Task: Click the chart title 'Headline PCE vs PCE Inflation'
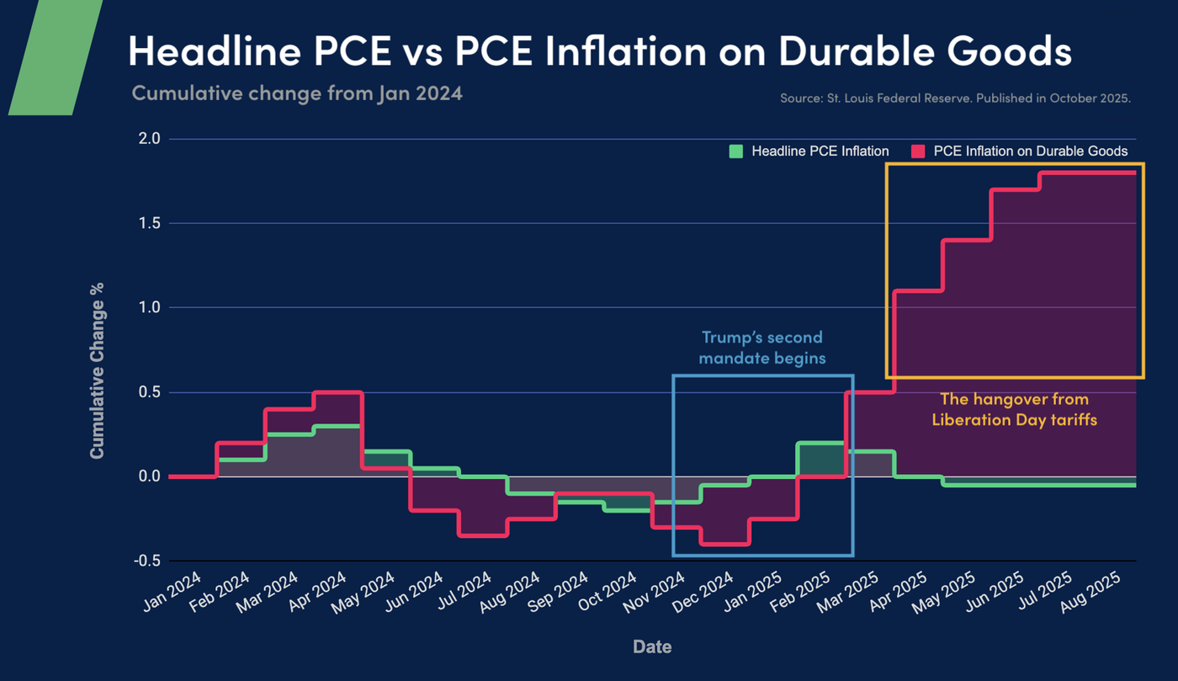(x=599, y=51)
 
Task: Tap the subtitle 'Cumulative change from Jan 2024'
(x=297, y=93)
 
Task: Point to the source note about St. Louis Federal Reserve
(x=955, y=98)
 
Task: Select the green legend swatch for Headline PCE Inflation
(x=736, y=152)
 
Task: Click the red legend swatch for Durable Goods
(x=918, y=152)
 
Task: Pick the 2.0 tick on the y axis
(x=149, y=139)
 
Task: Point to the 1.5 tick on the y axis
(x=149, y=223)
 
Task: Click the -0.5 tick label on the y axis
(x=146, y=561)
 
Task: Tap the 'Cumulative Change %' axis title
(x=98, y=370)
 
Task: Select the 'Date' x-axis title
(x=652, y=646)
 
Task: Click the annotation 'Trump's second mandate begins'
(x=763, y=348)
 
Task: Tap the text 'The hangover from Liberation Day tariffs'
(x=1014, y=409)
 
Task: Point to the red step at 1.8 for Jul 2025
(x=1088, y=173)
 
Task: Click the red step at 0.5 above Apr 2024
(x=337, y=392)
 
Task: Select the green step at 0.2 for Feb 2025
(x=820, y=443)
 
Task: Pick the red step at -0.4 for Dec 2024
(x=724, y=544)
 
